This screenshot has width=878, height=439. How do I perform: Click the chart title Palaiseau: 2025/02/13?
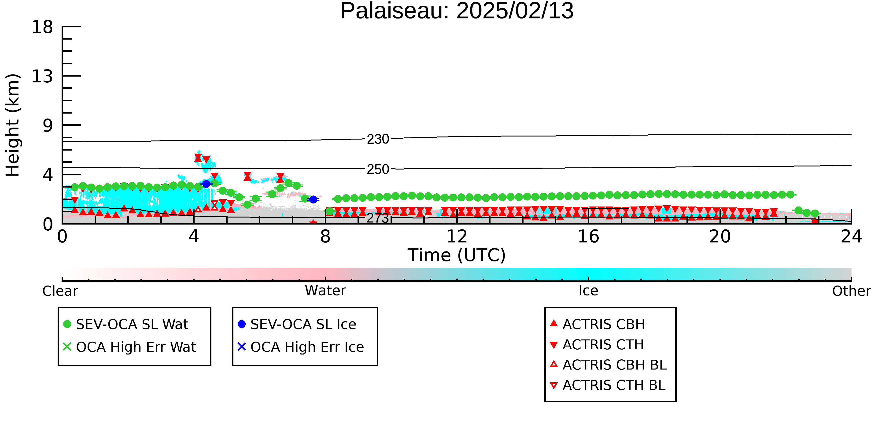(x=457, y=11)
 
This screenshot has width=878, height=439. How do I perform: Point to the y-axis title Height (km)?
(x=13, y=125)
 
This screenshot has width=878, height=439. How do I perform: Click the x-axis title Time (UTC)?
(x=457, y=255)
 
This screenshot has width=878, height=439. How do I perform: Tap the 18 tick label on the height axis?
(x=42, y=27)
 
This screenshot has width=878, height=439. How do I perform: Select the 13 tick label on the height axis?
(x=42, y=76)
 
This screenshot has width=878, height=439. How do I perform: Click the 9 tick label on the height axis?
(x=48, y=125)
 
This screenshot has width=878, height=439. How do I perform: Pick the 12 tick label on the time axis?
(x=457, y=236)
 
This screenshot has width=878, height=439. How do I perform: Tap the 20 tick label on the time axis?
(x=720, y=236)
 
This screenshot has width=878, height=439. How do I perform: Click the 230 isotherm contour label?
(x=378, y=139)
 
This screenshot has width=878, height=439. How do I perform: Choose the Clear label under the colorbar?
(x=60, y=291)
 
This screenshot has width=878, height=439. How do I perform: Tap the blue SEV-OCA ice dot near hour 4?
(x=206, y=184)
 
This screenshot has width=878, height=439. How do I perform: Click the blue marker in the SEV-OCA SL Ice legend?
(x=242, y=324)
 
